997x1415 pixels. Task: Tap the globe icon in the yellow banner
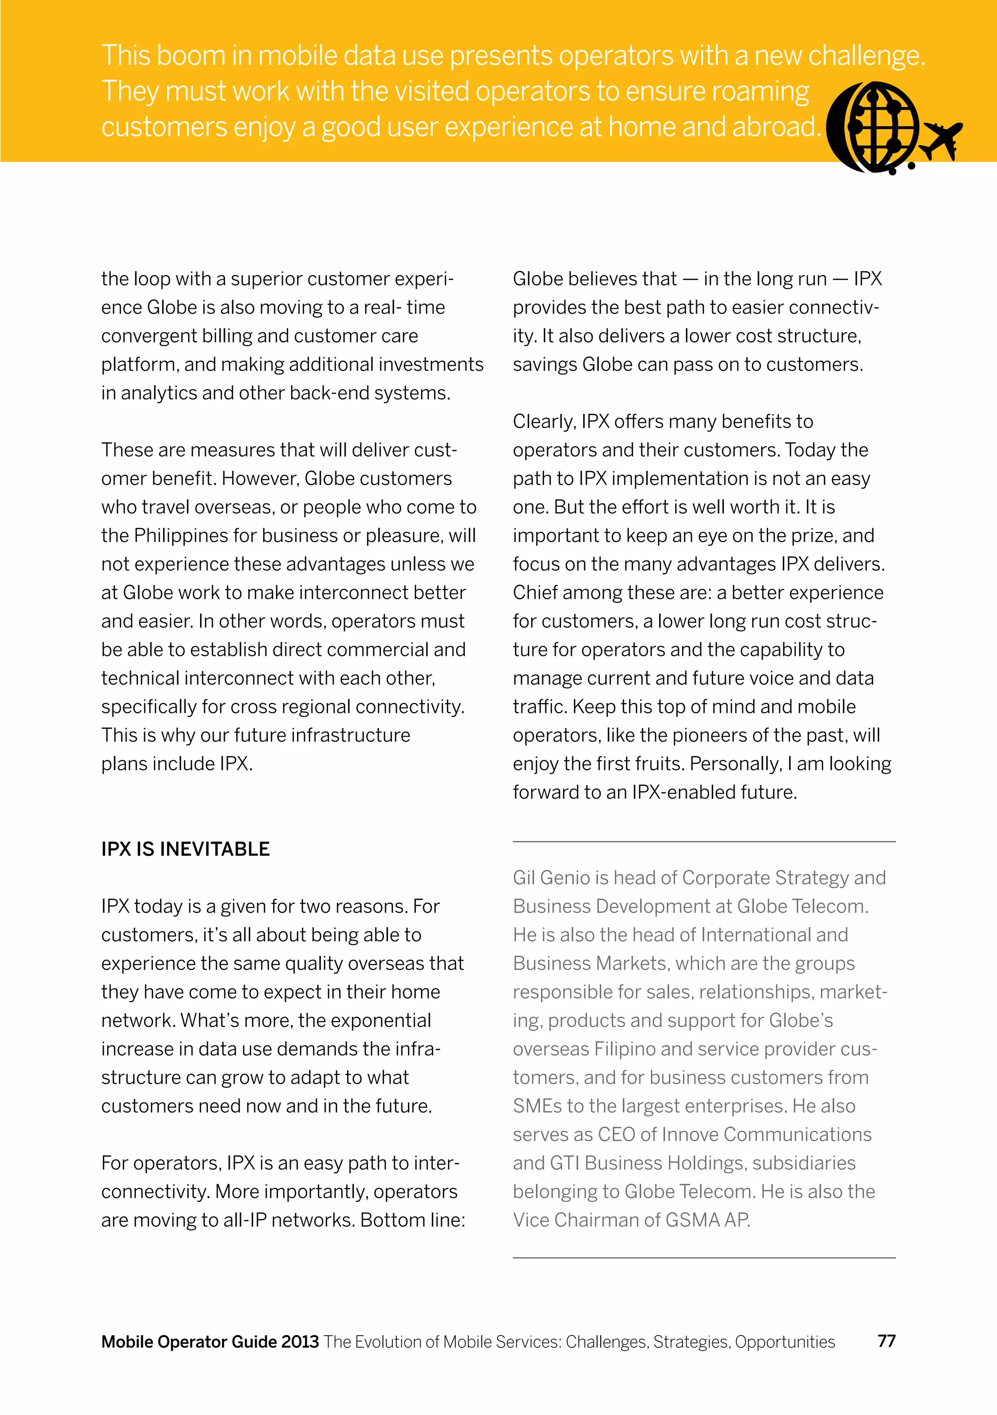point(874,128)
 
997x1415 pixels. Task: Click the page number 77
point(886,1341)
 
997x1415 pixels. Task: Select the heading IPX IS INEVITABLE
point(185,849)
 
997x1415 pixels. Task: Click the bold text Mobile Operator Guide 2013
point(210,1341)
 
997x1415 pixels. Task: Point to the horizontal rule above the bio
point(703,841)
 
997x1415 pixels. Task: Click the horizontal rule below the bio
point(703,1257)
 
